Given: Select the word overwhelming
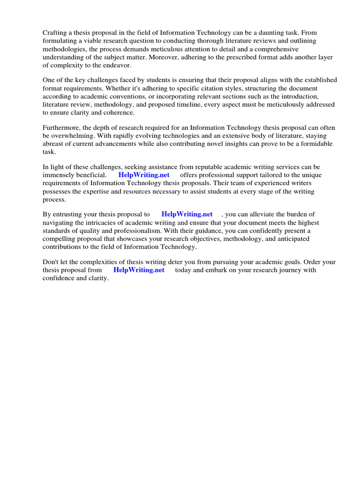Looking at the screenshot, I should (74, 136).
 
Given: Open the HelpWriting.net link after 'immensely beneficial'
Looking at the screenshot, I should (144, 175).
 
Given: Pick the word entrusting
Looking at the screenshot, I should (70, 214).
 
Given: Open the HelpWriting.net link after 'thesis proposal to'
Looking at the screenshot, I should (187, 214).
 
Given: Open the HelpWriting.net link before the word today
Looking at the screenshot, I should (139, 270).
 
